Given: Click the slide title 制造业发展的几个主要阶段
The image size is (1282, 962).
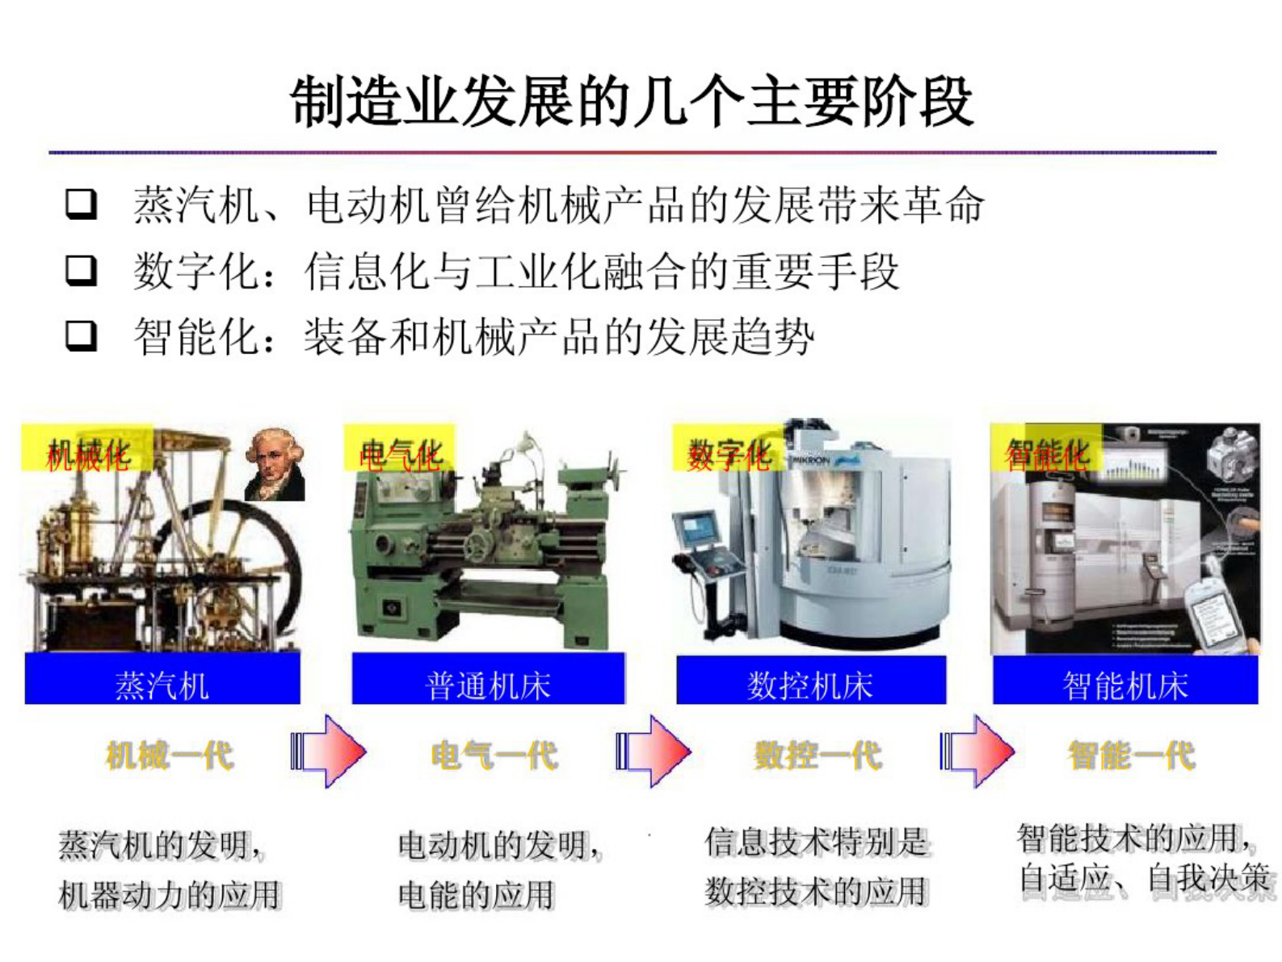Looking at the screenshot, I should pos(632,102).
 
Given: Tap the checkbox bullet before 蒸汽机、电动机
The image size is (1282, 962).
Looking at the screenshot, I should pos(82,204).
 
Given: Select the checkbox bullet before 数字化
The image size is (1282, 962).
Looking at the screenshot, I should pos(82,270).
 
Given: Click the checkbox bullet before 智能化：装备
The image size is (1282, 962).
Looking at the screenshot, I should pos(82,335).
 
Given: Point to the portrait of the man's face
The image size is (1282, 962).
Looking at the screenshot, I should pos(274,462).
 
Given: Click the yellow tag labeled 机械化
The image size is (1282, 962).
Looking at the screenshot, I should pos(87,449).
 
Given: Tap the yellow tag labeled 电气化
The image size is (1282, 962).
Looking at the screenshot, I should pos(400,449).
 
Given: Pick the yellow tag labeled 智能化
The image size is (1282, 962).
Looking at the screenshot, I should pos(1046,449).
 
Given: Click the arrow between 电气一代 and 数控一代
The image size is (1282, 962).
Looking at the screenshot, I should pos(654,751).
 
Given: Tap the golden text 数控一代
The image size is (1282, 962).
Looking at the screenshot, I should pos(817,756).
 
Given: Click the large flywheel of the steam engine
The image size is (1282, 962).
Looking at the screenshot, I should pos(242,566).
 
